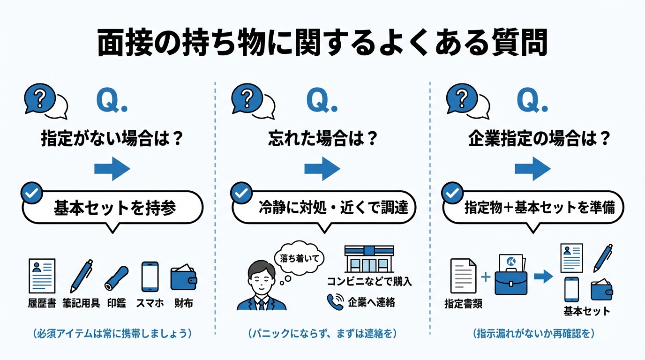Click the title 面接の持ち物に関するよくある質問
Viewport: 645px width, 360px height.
322,44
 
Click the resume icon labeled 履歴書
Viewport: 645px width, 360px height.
42,276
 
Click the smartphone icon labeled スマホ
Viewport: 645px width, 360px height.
150,277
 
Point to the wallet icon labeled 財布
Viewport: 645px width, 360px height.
183,278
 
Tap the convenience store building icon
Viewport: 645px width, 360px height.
369,259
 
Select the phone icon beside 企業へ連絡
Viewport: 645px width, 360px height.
335,302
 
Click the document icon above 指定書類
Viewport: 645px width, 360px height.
463,277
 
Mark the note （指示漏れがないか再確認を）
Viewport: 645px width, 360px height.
533,334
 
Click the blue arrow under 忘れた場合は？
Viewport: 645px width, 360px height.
322,169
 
